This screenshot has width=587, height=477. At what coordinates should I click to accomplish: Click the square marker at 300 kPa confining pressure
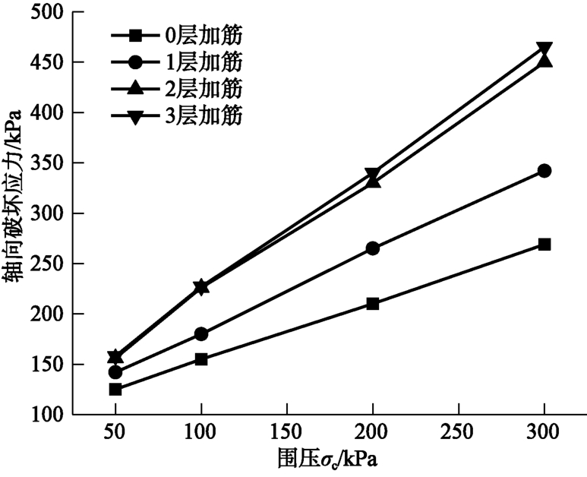(544, 245)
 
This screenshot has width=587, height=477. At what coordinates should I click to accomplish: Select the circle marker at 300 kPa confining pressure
(544, 171)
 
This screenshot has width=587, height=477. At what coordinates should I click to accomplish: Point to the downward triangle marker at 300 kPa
(544, 49)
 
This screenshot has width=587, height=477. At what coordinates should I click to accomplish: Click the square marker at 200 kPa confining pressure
(373, 304)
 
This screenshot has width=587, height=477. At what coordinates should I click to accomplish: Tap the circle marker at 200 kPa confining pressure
(373, 248)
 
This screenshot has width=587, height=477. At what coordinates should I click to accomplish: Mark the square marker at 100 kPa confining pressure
(201, 359)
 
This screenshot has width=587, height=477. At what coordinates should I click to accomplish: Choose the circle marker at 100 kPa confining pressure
(201, 334)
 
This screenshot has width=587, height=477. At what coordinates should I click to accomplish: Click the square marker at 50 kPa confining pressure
(115, 390)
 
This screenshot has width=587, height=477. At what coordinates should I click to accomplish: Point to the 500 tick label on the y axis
(46, 12)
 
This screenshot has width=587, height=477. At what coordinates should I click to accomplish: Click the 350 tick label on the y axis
(46, 163)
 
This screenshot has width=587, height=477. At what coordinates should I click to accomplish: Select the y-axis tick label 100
(46, 415)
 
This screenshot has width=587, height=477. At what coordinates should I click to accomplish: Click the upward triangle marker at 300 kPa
(544, 60)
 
